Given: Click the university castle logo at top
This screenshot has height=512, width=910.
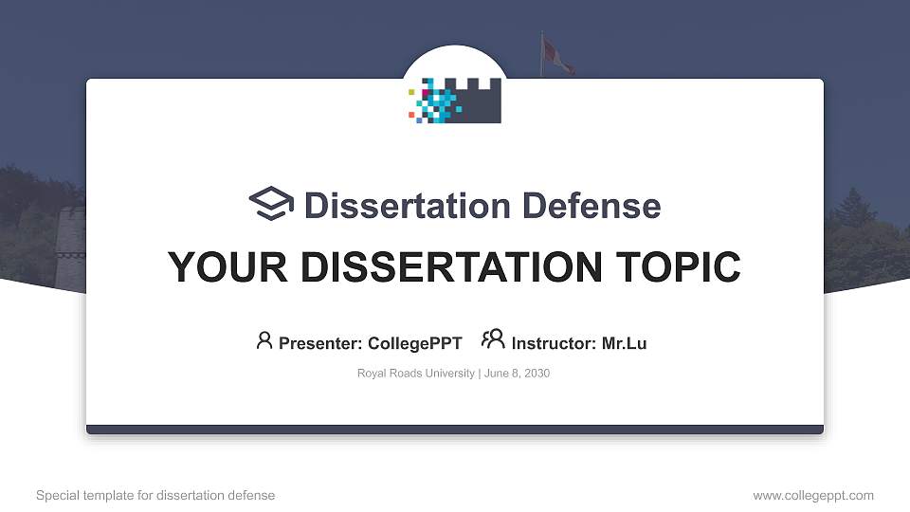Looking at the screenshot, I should coord(455,101).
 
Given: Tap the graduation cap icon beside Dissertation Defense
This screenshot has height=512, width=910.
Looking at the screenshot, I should coord(272,204).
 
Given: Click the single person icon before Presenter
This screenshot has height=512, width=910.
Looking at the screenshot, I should coord(264,340).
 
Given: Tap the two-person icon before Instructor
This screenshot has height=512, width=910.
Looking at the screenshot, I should coord(493,339).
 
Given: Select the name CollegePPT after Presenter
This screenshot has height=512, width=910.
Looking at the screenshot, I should coord(415,343).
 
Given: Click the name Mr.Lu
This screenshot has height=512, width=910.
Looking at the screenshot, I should coord(624,343).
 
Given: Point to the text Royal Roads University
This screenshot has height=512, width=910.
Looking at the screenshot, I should coord(415,374).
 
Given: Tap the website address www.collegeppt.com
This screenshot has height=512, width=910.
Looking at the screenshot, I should coord(813,495).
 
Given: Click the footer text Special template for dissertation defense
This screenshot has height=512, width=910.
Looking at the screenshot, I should coord(155,495).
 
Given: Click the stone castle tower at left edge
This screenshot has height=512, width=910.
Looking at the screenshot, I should coord(69,247).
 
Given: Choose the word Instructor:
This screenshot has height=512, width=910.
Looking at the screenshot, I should coord(554,343).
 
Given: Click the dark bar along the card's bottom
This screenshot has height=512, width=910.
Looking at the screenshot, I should coord(455,430).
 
